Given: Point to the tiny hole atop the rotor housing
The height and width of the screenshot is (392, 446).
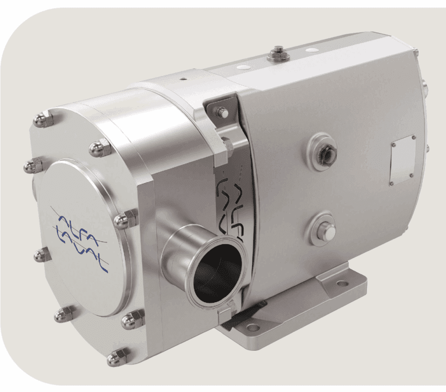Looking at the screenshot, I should tap(183, 79).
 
